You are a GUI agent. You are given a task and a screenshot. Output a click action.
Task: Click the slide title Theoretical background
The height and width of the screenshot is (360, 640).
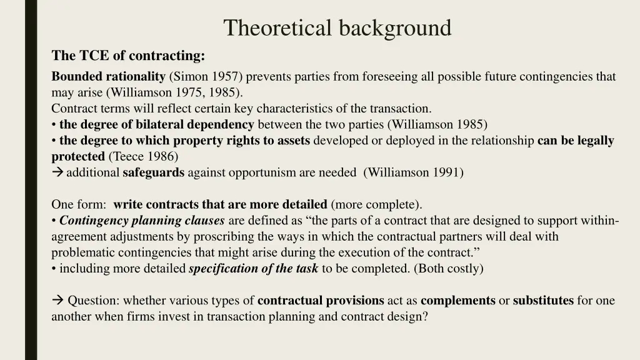tap(337, 28)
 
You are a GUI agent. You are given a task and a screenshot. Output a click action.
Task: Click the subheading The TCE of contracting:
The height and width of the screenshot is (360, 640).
tap(128, 56)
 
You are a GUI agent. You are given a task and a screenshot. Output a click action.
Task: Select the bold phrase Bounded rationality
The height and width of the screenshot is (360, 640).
tap(108, 77)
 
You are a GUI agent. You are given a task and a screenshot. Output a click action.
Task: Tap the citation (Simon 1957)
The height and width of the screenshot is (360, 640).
tap(207, 77)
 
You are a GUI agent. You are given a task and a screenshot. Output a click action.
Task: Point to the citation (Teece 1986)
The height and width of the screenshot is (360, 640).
tap(142, 156)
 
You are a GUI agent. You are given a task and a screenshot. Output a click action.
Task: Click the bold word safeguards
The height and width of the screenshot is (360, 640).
tap(153, 172)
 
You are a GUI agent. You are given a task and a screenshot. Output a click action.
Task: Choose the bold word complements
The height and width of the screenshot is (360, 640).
tap(458, 301)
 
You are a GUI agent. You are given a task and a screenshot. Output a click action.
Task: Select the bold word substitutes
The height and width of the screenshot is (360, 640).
tap(543, 301)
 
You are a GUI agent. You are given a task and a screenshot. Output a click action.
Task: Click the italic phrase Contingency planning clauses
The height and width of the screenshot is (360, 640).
tap(142, 221)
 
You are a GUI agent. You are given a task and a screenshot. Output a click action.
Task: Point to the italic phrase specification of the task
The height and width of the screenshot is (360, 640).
tap(253, 269)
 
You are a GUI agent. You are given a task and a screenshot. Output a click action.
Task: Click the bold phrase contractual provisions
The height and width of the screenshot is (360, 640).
tap(321, 301)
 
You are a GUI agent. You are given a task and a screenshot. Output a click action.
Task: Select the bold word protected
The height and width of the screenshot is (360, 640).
tap(77, 156)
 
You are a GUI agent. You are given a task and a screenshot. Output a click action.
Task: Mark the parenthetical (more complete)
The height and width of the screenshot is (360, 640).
tap(376, 204)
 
